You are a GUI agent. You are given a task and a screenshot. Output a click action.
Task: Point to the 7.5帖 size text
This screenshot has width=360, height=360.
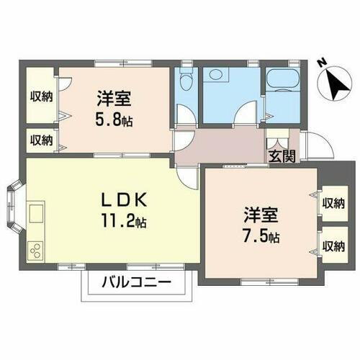[x=261, y=235]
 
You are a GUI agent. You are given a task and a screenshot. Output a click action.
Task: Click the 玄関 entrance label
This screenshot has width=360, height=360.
[x=282, y=157]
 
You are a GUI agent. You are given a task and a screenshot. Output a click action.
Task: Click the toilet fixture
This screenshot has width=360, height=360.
[x=187, y=81]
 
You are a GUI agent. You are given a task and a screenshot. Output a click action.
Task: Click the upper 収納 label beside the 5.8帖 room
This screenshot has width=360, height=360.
[x=40, y=96]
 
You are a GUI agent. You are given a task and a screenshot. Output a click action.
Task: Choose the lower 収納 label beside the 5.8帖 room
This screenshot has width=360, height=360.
[x=40, y=140]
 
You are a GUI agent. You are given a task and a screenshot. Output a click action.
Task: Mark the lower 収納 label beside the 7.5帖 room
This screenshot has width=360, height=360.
[x=333, y=246]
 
